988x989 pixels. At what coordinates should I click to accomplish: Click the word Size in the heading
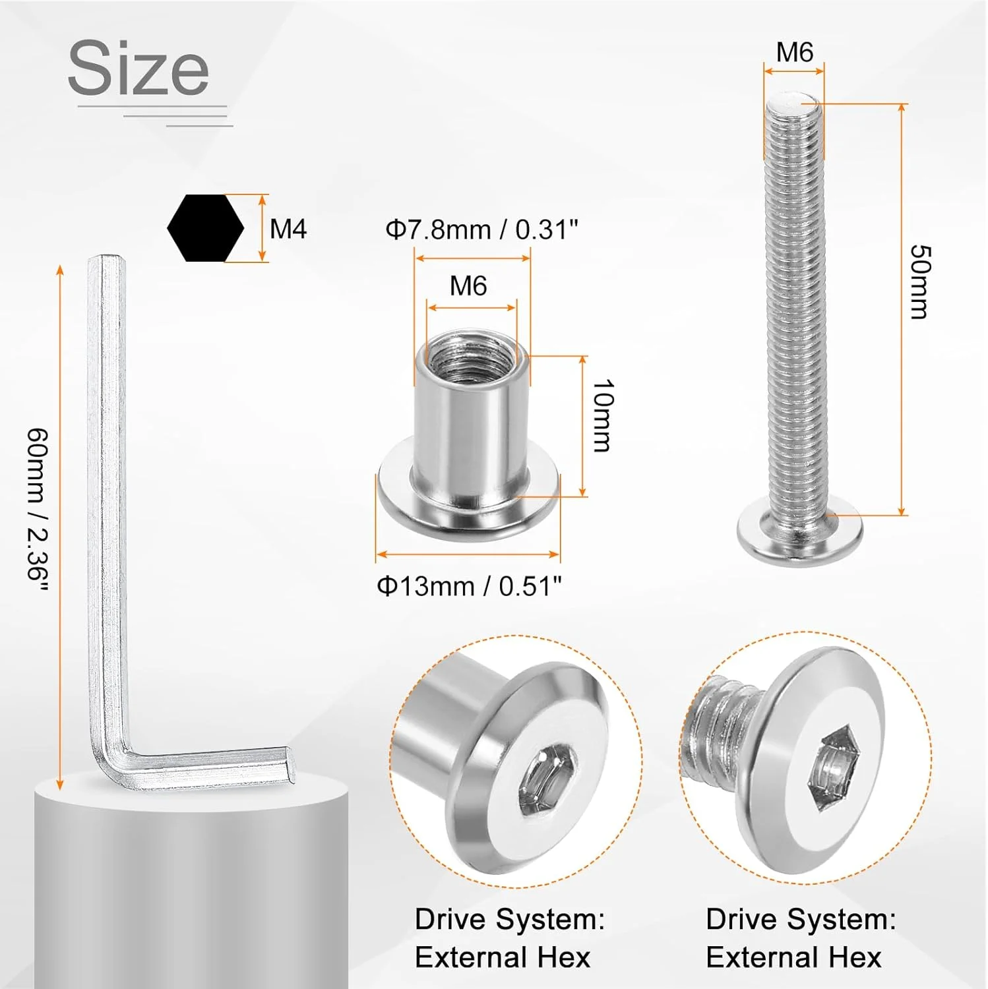pyautogui.click(x=139, y=67)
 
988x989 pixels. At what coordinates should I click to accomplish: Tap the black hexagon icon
pyautogui.click(x=206, y=228)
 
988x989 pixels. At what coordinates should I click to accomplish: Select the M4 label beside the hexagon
pyautogui.click(x=288, y=229)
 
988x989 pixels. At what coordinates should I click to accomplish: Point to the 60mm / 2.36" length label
pyautogui.click(x=38, y=504)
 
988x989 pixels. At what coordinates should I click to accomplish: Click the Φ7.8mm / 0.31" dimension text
pyautogui.click(x=482, y=230)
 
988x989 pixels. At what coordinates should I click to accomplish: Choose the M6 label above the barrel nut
pyautogui.click(x=468, y=286)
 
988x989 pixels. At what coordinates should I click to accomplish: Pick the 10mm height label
pyautogui.click(x=602, y=415)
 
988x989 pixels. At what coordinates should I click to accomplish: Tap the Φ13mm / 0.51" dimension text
pyautogui.click(x=470, y=585)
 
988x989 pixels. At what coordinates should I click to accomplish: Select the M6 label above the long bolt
pyautogui.click(x=795, y=52)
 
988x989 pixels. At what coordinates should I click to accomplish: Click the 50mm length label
pyautogui.click(x=919, y=282)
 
